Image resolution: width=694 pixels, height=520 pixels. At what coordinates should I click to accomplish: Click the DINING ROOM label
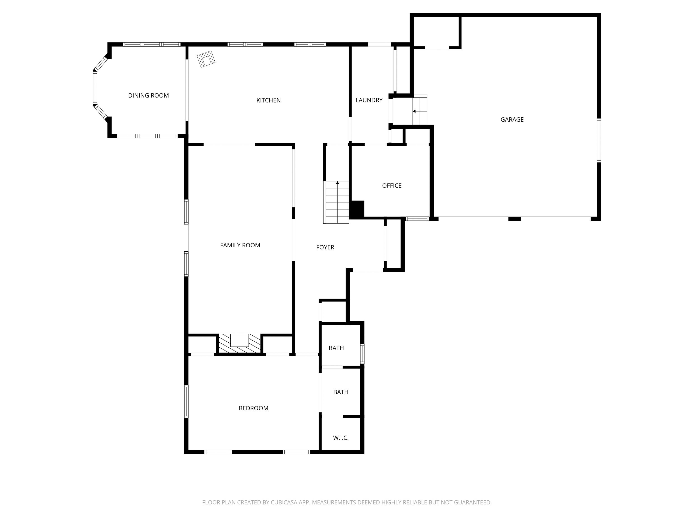148,96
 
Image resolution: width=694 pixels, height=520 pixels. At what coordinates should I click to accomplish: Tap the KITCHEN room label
269,100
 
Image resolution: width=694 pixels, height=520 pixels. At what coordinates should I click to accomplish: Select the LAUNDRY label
369,100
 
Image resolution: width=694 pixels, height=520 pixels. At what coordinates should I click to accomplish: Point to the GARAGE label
512,119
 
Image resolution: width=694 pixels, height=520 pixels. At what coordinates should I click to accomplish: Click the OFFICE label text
392,186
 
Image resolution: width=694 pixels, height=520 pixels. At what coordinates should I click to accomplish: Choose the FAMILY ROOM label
240,245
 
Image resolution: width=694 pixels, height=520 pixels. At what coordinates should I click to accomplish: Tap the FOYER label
325,247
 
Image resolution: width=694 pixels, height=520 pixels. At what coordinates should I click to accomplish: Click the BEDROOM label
253,408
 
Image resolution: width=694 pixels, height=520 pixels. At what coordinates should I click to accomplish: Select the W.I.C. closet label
341,438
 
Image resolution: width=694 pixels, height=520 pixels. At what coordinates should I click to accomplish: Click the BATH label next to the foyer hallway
336,348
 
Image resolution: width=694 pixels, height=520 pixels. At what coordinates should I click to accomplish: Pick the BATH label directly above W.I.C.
341,392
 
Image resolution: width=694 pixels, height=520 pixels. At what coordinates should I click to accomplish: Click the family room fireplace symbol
240,344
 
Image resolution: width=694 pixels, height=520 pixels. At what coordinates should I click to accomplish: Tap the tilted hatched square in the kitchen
206,59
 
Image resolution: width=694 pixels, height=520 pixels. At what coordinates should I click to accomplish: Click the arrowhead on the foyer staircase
338,182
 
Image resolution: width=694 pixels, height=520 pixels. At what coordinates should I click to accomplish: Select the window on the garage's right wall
599,140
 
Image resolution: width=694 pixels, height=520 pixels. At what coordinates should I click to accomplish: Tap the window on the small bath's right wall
362,354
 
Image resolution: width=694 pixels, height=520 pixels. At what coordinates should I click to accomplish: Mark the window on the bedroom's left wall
186,402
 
